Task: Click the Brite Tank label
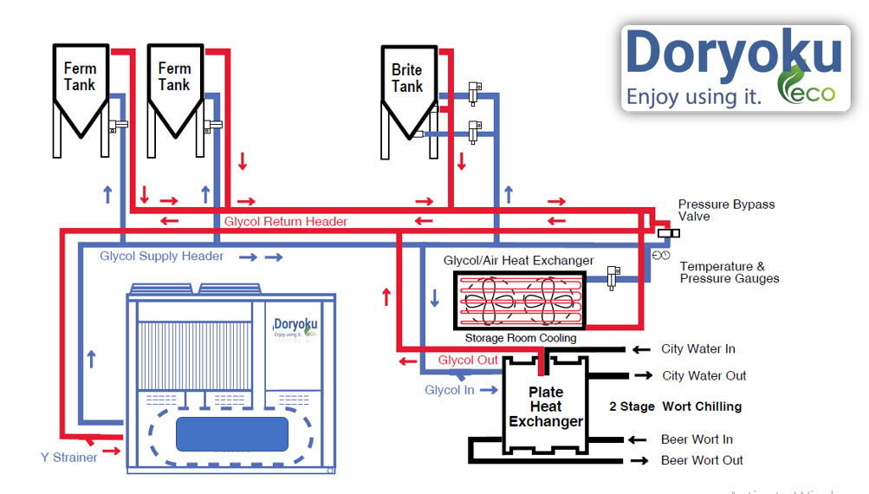[406, 78]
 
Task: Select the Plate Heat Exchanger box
[545, 406]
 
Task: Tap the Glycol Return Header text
[285, 222]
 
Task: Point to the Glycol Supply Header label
[161, 256]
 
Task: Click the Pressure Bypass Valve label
[726, 210]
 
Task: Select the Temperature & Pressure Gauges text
[729, 272]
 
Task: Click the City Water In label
[697, 348]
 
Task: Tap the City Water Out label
[704, 375]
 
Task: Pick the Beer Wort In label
[697, 439]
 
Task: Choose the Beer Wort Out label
[702, 460]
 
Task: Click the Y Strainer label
[68, 457]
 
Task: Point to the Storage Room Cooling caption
[520, 338]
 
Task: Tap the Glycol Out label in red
[468, 361]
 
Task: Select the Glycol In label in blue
[449, 390]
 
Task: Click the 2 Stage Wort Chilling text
[675, 406]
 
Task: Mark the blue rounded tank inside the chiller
[232, 433]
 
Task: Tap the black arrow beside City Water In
[641, 349]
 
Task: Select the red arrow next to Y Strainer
[112, 451]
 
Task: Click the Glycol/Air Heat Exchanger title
[518, 260]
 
